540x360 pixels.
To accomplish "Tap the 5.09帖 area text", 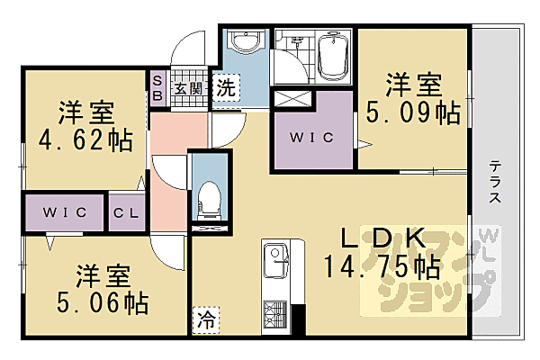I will (x=413, y=113).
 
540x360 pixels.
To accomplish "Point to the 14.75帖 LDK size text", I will (x=382, y=266).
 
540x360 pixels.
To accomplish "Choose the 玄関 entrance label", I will (x=187, y=89).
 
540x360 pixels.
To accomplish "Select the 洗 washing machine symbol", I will (x=228, y=88).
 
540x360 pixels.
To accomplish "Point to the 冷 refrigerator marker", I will (x=206, y=319).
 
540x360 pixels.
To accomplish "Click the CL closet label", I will (x=123, y=212).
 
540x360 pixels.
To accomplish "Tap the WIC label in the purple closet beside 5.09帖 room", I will (x=312, y=138).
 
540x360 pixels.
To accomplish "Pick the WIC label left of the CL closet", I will (x=63, y=212).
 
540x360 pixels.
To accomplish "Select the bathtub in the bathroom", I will (x=334, y=55).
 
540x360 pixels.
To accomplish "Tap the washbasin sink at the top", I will (x=244, y=41).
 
